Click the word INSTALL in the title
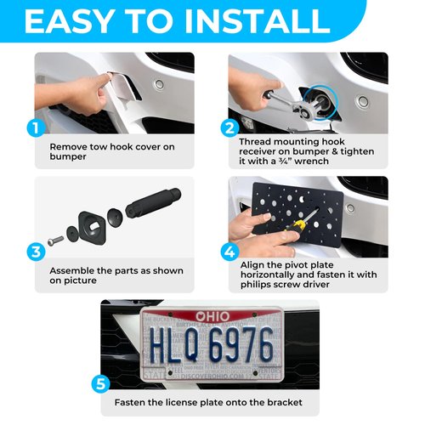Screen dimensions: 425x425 pos(270,20)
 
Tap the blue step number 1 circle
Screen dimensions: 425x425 pos(34,130)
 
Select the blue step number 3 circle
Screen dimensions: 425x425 pos(34,252)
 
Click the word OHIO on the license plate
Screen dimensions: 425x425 pos(212,317)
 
